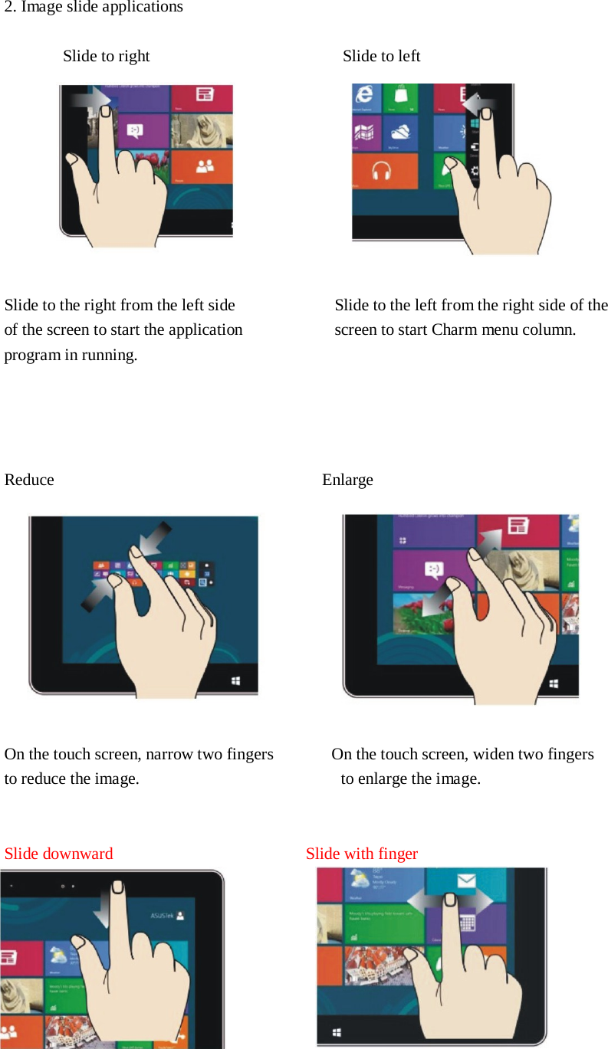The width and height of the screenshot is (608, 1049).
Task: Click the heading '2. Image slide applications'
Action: [94, 8]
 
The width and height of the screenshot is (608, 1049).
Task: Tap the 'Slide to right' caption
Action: [106, 56]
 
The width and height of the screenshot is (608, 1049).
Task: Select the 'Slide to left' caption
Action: [381, 56]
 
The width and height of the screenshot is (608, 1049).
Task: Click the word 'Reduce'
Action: [29, 480]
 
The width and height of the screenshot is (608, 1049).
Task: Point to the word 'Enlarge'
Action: [347, 480]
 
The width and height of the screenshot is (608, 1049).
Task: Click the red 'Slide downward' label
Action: [58, 854]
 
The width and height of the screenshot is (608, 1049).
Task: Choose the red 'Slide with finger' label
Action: [361, 854]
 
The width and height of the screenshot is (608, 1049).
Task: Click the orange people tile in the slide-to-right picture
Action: [202, 167]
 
